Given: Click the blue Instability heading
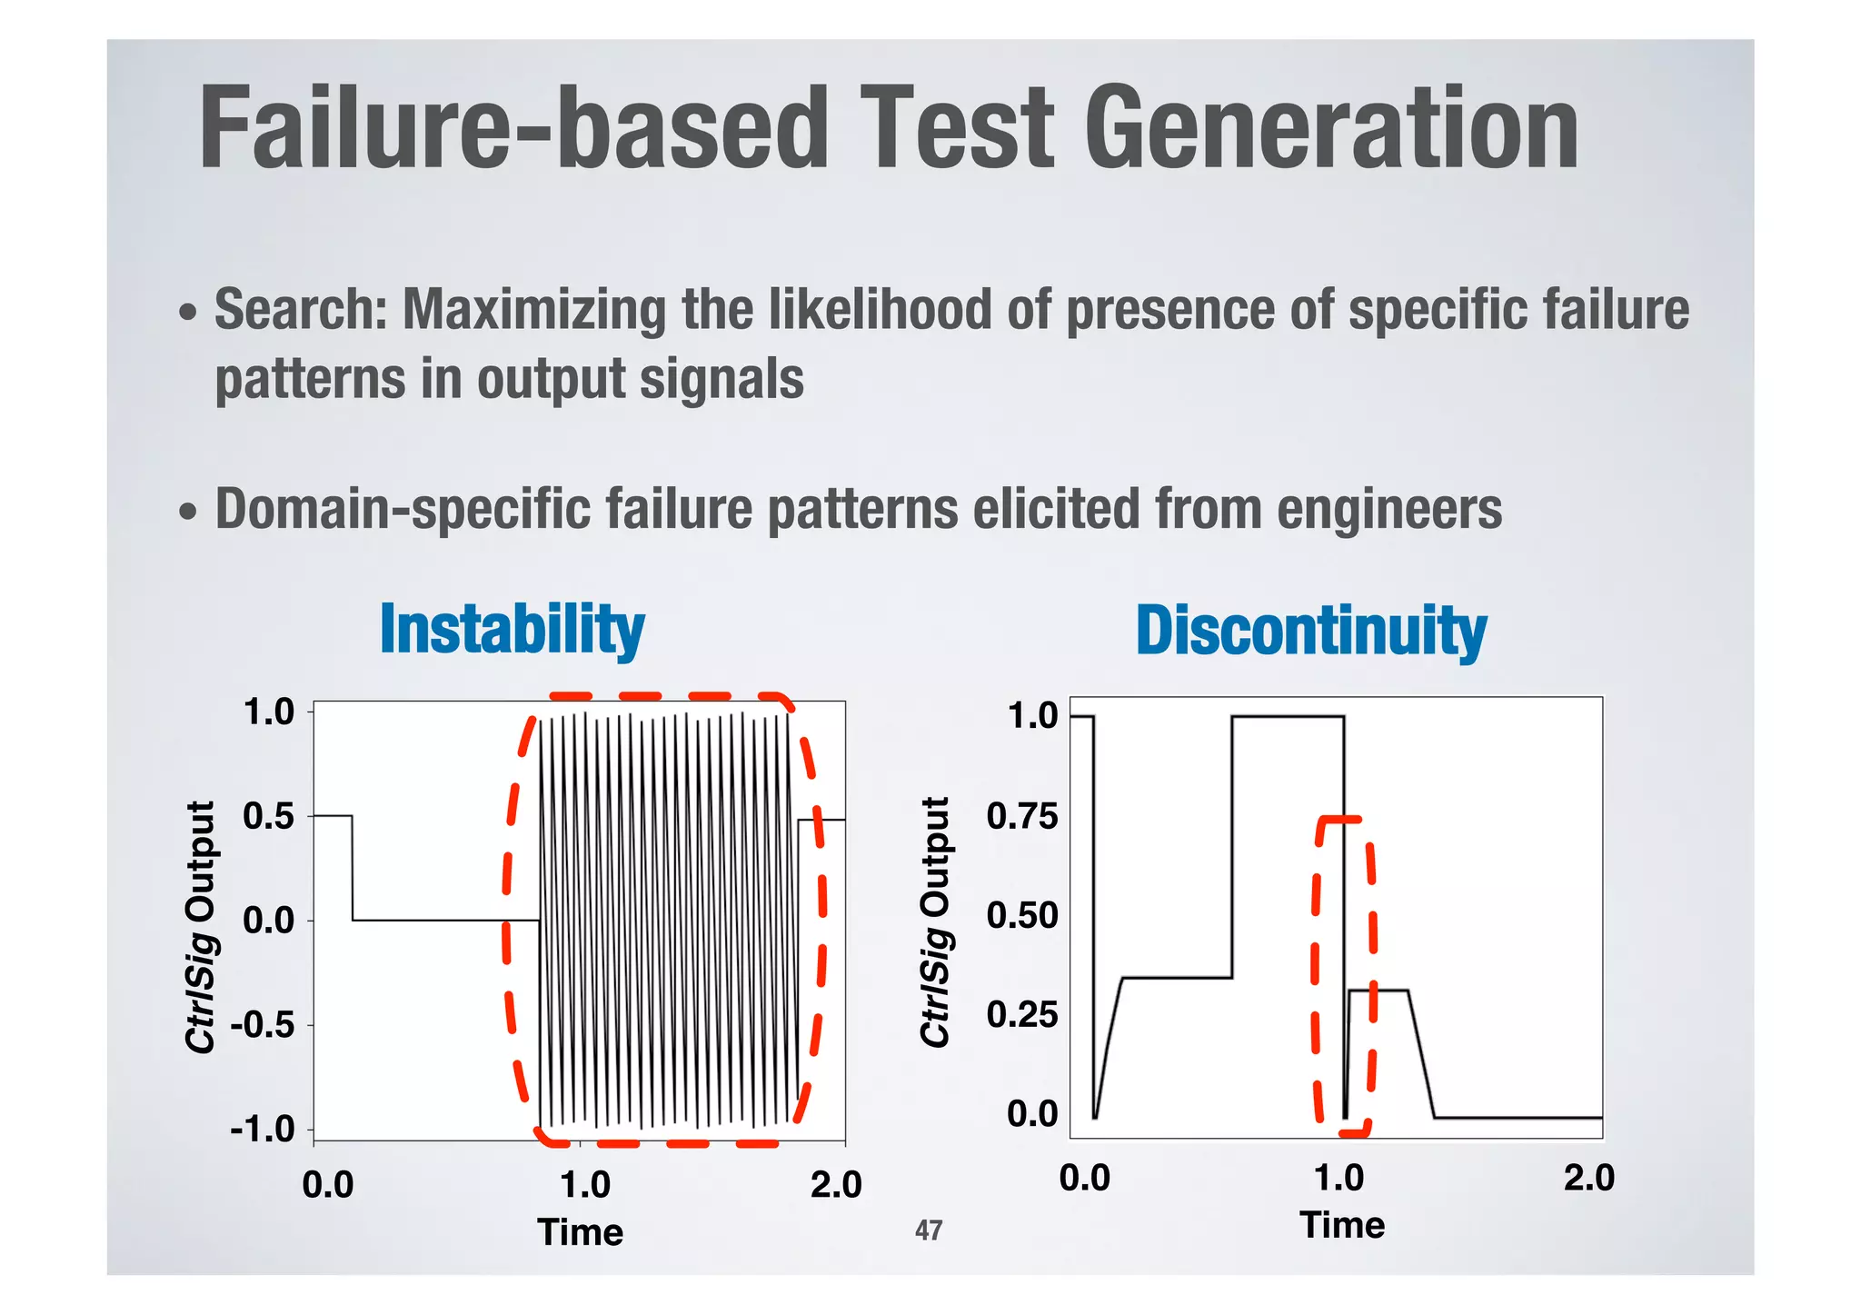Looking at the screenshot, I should pos(512,629).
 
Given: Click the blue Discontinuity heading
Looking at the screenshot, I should pos(1310,631).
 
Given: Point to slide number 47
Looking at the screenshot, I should pos(928,1230).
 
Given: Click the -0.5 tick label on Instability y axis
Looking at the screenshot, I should pos(263,1026).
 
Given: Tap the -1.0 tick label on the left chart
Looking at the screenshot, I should pos(263,1131).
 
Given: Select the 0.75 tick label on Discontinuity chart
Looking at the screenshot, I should pos(1022,816).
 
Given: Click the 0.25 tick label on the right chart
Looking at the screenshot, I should pos(1022,1014).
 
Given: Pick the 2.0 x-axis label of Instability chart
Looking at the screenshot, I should pos(835,1185).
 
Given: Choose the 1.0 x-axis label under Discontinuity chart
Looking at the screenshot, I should pos(1339,1179).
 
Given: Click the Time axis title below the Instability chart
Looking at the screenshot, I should pos(580,1233).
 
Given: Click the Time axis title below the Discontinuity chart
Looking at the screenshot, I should pos(1341,1226).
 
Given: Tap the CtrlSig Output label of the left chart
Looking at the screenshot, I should pos(201,927).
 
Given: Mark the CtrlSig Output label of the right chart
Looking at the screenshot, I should pos(935,921).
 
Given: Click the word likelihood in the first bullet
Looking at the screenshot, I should pos(880,310).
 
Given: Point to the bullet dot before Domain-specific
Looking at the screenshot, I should pos(187,512).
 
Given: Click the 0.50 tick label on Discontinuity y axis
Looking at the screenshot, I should pos(1022,915).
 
